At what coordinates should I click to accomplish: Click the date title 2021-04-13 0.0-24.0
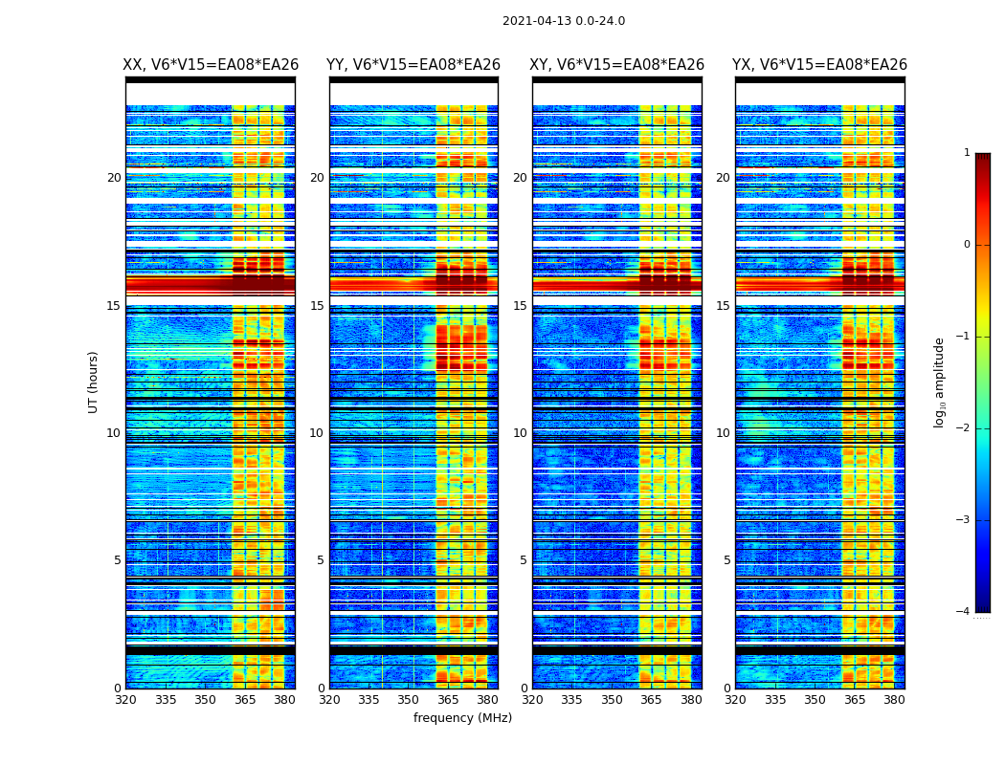(x=563, y=21)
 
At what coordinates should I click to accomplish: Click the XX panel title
(x=211, y=65)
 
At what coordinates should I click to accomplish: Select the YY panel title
(x=413, y=65)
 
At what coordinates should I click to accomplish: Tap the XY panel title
(x=617, y=65)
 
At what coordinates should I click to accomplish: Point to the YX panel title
(x=819, y=65)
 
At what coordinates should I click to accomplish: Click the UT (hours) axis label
(x=93, y=382)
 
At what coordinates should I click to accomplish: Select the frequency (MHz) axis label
(x=462, y=718)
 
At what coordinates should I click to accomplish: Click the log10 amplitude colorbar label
(x=940, y=382)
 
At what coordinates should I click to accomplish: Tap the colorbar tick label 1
(x=967, y=153)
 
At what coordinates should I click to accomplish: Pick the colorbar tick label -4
(x=965, y=612)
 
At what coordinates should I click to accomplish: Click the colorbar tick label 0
(x=967, y=245)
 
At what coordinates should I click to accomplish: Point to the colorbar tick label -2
(x=965, y=428)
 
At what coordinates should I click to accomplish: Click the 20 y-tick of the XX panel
(x=114, y=178)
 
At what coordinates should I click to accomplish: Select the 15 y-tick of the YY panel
(x=317, y=306)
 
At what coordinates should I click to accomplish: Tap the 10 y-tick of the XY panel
(x=520, y=433)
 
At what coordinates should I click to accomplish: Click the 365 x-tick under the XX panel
(x=245, y=700)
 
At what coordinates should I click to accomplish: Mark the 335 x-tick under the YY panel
(x=368, y=700)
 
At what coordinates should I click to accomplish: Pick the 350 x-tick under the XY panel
(x=612, y=700)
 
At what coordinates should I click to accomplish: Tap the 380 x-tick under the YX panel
(x=894, y=700)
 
